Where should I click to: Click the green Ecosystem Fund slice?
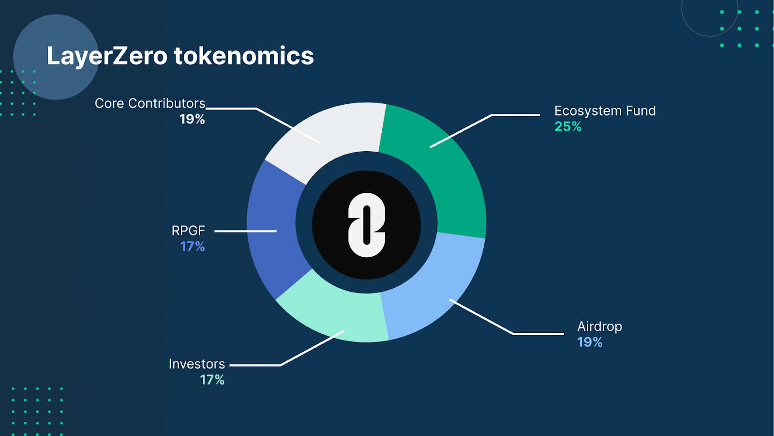pos(446,173)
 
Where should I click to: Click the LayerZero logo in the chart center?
pos(367,225)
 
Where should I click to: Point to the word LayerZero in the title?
pos(107,56)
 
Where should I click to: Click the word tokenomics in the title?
pos(244,56)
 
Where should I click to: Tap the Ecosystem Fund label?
pos(605,111)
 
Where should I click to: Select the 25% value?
pos(568,126)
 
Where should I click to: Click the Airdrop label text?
pos(599,327)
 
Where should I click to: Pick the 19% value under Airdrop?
pos(590,342)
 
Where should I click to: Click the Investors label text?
pos(196,364)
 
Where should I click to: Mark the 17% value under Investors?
pos(212,380)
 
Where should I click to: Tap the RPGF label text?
pos(188,231)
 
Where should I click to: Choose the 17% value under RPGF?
pos(193,247)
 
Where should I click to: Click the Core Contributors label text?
pos(150,104)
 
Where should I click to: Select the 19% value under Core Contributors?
pos(192,119)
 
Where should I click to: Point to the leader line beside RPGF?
pos(245,231)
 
